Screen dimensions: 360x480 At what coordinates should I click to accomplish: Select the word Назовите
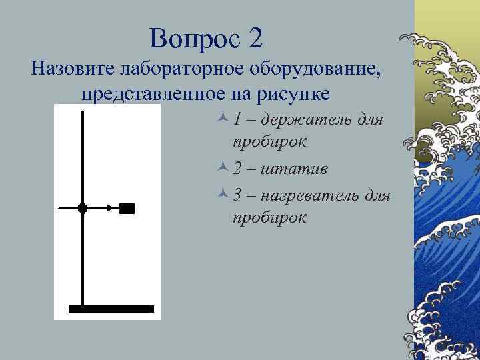(x=73, y=69)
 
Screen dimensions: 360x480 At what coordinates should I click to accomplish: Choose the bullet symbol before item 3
(x=223, y=195)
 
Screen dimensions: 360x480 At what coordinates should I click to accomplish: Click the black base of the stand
(x=111, y=309)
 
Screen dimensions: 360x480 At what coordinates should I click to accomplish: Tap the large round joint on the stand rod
(x=83, y=208)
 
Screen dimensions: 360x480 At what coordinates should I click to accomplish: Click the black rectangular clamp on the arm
(x=127, y=208)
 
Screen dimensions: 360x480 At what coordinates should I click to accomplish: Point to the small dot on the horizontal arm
(x=109, y=208)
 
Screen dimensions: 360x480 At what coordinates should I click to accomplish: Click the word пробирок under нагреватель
(x=270, y=218)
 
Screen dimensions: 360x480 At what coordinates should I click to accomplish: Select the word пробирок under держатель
(x=270, y=142)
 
